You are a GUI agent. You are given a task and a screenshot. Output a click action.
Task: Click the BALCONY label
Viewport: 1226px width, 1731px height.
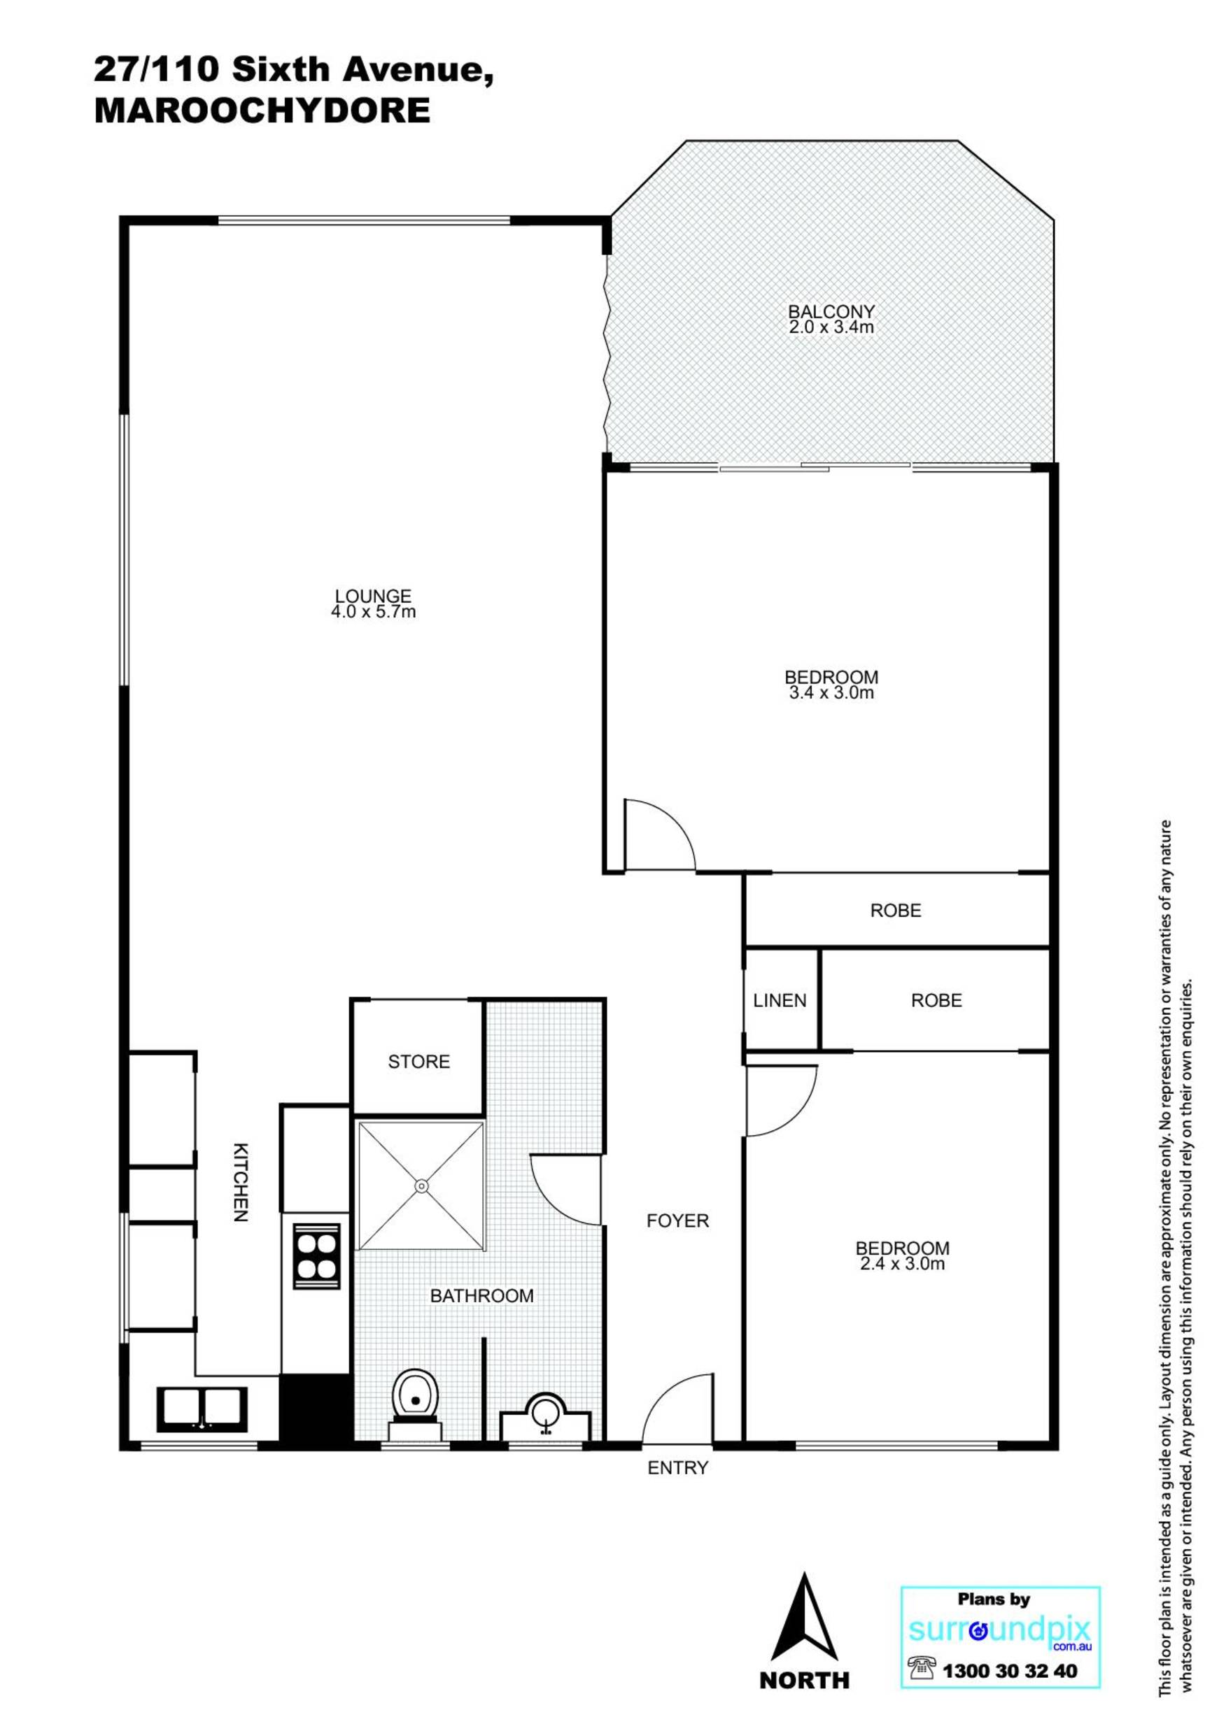tap(831, 311)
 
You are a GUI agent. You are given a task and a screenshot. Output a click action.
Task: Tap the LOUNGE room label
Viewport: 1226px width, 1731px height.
tap(373, 596)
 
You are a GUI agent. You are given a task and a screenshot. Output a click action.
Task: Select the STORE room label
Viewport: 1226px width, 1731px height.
tap(419, 1062)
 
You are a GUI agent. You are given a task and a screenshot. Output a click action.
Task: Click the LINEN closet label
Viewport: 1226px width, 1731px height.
tap(780, 1001)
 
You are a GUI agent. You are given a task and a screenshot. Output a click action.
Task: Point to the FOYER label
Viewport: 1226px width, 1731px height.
tap(678, 1220)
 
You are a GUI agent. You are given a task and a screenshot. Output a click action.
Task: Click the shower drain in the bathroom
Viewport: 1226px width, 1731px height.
tap(421, 1186)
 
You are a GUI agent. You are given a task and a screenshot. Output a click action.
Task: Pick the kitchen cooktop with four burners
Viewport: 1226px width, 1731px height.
tap(316, 1256)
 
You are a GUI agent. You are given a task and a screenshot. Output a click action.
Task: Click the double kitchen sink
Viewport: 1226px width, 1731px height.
tap(202, 1409)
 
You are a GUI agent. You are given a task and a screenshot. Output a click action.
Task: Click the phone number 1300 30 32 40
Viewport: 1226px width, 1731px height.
tap(1010, 1672)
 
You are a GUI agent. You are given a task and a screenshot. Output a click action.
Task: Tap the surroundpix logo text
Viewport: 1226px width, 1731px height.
tap(1000, 1631)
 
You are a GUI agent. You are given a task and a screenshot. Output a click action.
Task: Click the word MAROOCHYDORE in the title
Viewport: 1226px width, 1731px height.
tap(262, 111)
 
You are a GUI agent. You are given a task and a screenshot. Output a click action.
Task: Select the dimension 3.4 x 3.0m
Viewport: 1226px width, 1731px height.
tap(831, 692)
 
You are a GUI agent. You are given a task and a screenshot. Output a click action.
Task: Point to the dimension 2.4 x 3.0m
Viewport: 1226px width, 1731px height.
tap(902, 1264)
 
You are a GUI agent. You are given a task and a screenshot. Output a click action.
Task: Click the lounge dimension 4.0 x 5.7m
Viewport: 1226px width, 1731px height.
tap(373, 612)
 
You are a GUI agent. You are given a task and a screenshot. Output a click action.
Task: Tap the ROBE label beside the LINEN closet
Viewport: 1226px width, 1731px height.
tap(936, 1001)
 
